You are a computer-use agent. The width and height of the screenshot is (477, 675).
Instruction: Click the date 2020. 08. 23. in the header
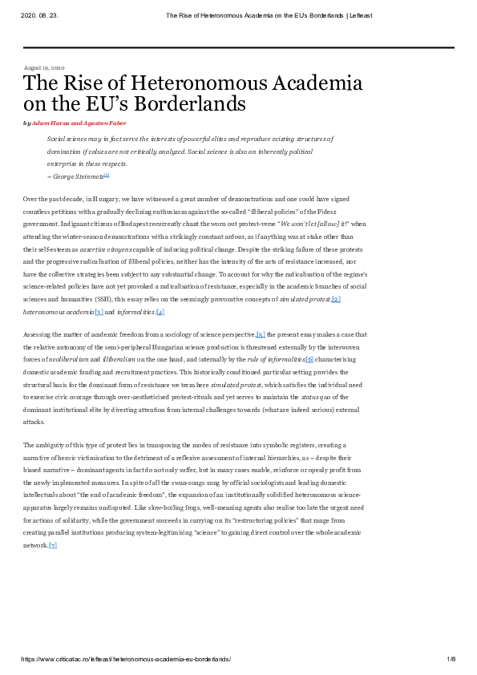click(x=38, y=14)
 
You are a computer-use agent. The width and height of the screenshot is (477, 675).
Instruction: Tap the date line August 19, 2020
click(x=44, y=68)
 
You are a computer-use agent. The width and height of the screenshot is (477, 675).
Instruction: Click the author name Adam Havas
click(x=49, y=123)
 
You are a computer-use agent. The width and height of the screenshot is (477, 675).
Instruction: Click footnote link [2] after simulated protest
click(x=336, y=277)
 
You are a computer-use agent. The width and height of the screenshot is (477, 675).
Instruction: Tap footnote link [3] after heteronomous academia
click(x=99, y=289)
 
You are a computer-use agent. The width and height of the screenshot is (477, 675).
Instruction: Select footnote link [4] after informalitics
click(x=160, y=289)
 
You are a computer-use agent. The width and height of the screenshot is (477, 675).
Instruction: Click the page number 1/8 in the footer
click(x=451, y=658)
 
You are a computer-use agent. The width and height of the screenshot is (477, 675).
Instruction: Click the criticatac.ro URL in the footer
click(x=126, y=658)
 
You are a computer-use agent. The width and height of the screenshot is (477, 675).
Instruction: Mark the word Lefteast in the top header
click(x=358, y=14)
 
